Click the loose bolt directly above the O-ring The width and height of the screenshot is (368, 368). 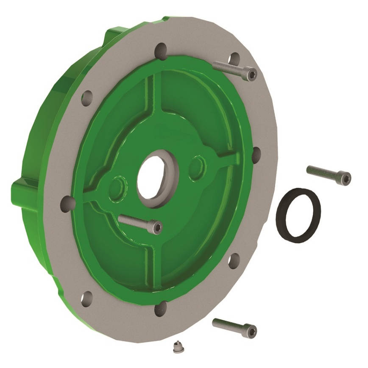(x=329, y=174)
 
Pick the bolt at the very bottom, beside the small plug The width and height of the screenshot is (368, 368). (x=234, y=327)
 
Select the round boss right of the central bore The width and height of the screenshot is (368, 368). (x=198, y=166)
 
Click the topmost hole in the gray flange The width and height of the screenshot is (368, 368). (x=161, y=50)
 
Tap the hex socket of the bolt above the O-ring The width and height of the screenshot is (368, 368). (x=346, y=178)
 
